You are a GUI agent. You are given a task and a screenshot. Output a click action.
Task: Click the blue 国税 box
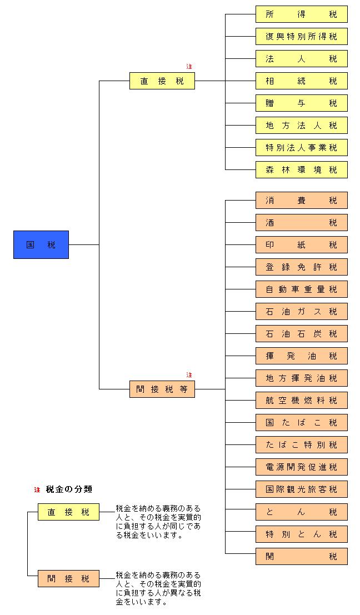click(41, 244)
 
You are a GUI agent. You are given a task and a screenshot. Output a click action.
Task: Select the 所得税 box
click(301, 14)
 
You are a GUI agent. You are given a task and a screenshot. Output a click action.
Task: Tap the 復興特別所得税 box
click(301, 37)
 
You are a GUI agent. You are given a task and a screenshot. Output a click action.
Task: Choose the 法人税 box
click(301, 59)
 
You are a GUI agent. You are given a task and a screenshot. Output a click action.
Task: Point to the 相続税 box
click(301, 81)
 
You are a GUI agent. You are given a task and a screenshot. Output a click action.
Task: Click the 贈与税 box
click(301, 103)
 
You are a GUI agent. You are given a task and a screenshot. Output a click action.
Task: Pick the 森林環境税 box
click(301, 170)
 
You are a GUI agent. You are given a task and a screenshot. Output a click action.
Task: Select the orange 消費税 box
click(301, 201)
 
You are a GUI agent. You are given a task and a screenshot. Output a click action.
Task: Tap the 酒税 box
click(301, 223)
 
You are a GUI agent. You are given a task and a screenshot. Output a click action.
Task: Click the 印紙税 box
click(301, 245)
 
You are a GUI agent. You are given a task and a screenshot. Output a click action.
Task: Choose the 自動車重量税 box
click(301, 289)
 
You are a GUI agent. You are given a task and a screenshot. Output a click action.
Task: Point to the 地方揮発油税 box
click(301, 378)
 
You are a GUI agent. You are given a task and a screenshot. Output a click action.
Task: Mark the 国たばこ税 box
click(301, 423)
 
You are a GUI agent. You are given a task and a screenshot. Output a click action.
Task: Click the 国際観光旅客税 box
click(301, 489)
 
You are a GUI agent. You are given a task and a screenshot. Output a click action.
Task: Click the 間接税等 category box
click(162, 389)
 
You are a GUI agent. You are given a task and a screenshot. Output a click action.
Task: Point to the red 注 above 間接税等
click(189, 375)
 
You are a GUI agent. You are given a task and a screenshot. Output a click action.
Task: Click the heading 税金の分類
click(69, 489)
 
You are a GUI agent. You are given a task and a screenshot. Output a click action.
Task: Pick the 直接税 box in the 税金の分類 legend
click(68, 512)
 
